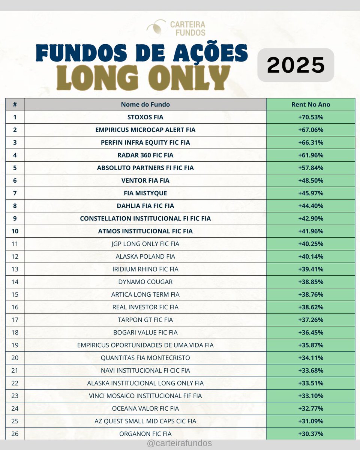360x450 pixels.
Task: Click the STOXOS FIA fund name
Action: tap(145, 117)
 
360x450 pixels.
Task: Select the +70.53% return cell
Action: tap(310, 117)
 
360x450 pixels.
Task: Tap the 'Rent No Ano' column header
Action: tap(310, 105)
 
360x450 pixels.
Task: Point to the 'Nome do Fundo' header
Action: tap(145, 105)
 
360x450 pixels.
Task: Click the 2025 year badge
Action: tap(295, 65)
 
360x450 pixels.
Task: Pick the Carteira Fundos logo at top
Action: tap(176, 28)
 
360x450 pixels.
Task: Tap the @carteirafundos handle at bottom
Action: tap(180, 443)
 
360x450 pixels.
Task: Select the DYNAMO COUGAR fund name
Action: tap(145, 282)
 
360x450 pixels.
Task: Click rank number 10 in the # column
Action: tap(15, 231)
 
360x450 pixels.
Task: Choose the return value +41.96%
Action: tap(310, 231)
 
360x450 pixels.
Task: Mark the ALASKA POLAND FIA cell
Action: tap(145, 256)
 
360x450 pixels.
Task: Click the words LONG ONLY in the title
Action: tap(143, 78)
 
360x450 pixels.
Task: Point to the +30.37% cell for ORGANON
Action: tap(310, 434)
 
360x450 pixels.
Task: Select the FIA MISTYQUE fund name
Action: tap(145, 193)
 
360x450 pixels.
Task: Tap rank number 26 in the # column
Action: tap(15, 434)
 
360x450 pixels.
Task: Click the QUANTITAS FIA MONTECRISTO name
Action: tap(145, 358)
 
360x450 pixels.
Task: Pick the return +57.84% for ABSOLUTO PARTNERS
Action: tap(310, 168)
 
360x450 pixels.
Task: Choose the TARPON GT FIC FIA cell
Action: tap(145, 320)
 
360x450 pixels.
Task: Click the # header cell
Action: tap(15, 105)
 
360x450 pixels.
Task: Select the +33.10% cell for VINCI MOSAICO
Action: tap(310, 396)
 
